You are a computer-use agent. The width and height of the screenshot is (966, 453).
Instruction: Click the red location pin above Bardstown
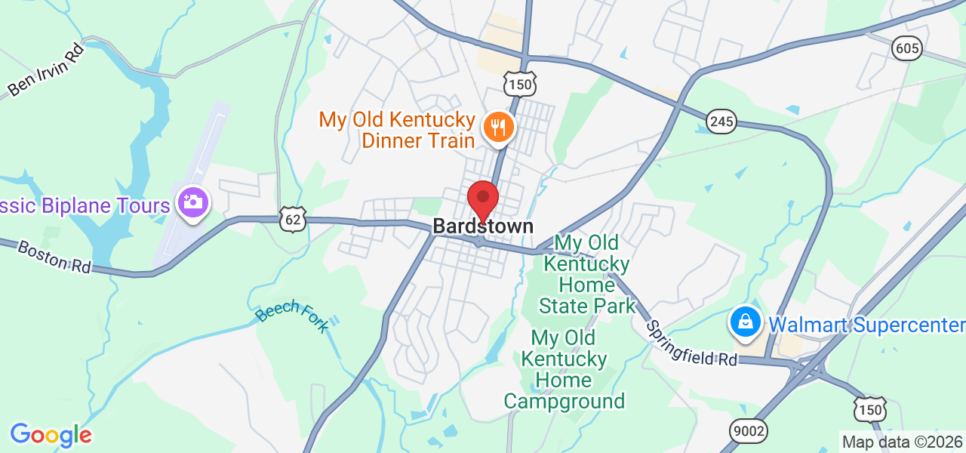click(x=483, y=199)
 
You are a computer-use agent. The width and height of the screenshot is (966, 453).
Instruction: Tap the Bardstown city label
click(x=483, y=226)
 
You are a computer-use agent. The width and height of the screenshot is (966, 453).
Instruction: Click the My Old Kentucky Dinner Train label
click(x=398, y=130)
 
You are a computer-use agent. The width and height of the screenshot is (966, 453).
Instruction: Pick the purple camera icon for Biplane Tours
click(x=193, y=202)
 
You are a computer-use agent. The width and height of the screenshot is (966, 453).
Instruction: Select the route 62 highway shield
click(x=292, y=219)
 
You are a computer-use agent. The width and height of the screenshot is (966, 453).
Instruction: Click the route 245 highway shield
click(x=721, y=121)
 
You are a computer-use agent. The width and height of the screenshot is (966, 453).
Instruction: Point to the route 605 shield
click(x=906, y=49)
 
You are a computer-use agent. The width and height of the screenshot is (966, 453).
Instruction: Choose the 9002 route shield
click(x=748, y=431)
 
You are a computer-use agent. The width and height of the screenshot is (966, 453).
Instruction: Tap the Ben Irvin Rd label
click(x=46, y=71)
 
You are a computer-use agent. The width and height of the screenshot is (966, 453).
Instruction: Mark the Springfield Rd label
click(x=691, y=344)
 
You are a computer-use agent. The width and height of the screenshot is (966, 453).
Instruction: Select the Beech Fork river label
click(x=292, y=316)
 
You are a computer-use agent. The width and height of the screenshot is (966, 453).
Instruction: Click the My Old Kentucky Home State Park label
click(x=587, y=274)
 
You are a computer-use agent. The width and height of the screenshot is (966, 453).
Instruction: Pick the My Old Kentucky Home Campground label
click(x=565, y=369)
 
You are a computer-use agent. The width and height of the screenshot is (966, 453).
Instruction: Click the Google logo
click(x=51, y=435)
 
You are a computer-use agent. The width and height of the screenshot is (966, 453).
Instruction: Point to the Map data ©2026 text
click(x=902, y=442)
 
